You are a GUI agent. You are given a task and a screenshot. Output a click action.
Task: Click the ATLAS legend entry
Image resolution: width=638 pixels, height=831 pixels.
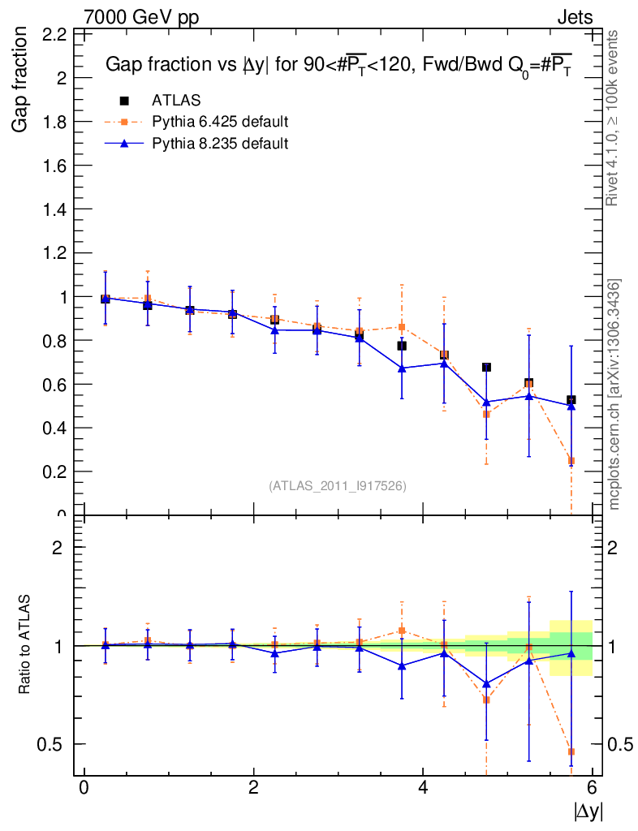pyautogui.click(x=176, y=101)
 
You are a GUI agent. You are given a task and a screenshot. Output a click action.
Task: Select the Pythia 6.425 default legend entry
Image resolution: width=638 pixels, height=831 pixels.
pyautogui.click(x=220, y=123)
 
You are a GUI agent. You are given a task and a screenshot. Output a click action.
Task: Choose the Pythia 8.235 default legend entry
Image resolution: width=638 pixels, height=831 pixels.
pyautogui.click(x=220, y=144)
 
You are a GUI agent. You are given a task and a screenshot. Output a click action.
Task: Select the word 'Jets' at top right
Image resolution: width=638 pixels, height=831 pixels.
pyautogui.click(x=574, y=16)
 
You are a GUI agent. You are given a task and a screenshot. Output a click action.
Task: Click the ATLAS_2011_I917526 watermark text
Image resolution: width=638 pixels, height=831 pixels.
pyautogui.click(x=338, y=485)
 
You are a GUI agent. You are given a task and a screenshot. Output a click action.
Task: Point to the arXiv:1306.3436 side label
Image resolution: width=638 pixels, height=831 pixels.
pyautogui.click(x=614, y=394)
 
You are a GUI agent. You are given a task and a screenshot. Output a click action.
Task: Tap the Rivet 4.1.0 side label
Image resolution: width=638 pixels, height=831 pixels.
pyautogui.click(x=614, y=118)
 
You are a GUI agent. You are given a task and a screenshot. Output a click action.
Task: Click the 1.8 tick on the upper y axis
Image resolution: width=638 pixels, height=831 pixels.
pyautogui.click(x=54, y=122)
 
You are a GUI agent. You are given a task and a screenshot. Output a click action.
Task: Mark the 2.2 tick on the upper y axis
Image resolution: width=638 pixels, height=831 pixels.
pyautogui.click(x=54, y=34)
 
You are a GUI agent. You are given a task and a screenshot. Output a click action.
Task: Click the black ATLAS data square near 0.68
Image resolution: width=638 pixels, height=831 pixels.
pyautogui.click(x=486, y=368)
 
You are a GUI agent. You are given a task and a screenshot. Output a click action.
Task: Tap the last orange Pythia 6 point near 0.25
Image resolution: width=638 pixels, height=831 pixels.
pyautogui.click(x=571, y=461)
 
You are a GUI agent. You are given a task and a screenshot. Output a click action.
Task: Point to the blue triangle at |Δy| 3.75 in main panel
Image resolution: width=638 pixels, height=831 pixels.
pyautogui.click(x=402, y=368)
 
